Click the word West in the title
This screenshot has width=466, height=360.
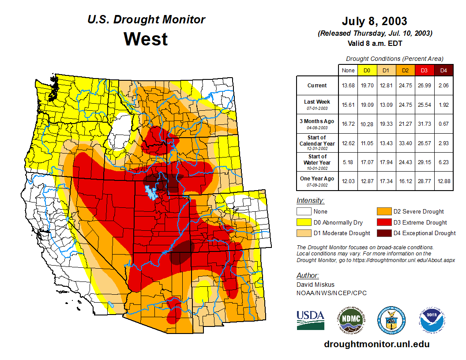pos(146,39)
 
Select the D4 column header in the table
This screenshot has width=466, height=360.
pos(443,71)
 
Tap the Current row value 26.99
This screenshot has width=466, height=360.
pos(425,86)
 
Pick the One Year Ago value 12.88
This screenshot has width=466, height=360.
pos(443,179)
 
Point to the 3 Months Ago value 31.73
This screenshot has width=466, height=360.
pos(425,124)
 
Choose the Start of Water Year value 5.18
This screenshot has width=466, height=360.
pos(348,162)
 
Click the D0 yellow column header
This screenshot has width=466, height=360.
pos(367,71)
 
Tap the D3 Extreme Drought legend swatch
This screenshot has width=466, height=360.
pos(383,222)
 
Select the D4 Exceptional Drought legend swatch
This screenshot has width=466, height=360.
pos(383,233)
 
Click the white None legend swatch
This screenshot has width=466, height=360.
pos(304,212)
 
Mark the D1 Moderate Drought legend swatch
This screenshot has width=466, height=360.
pos(304,233)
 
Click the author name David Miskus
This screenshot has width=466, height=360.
pos(315,285)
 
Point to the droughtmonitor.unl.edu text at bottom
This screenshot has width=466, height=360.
pos(376,344)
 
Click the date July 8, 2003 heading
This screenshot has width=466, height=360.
pos(375,21)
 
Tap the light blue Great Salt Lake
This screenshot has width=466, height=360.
pos(151,192)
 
